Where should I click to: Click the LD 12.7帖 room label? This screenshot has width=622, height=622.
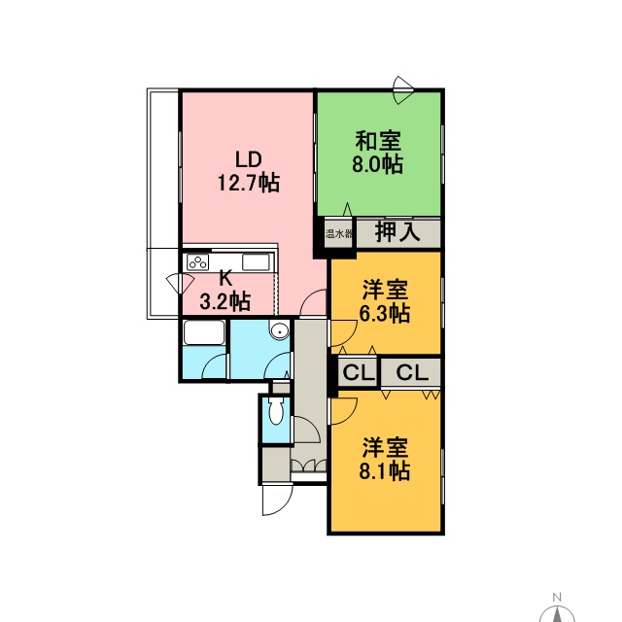click(x=249, y=171)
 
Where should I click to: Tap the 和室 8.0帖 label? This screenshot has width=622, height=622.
click(x=378, y=153)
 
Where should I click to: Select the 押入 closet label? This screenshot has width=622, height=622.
click(x=397, y=232)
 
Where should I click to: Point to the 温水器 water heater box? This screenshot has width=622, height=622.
click(x=339, y=233)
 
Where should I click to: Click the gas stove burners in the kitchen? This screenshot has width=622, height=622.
click(x=197, y=262)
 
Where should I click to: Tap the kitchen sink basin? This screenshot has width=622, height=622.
click(x=256, y=262)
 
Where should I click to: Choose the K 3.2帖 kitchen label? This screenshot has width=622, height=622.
click(x=225, y=290)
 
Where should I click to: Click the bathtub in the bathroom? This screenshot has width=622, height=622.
click(x=204, y=332)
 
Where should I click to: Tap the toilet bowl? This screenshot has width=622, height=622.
click(x=275, y=412)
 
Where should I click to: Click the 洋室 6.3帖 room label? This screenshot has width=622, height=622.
click(x=385, y=301)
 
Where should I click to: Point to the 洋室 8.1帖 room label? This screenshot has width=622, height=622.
click(x=385, y=460)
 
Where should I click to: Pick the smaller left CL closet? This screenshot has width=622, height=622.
click(x=359, y=372)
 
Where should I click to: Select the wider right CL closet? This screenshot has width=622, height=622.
click(x=412, y=372)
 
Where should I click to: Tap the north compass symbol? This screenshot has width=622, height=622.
click(x=557, y=613)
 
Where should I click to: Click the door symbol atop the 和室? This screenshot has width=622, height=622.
click(x=402, y=90)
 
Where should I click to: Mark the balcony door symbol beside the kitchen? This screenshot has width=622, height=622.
click(x=181, y=283)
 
